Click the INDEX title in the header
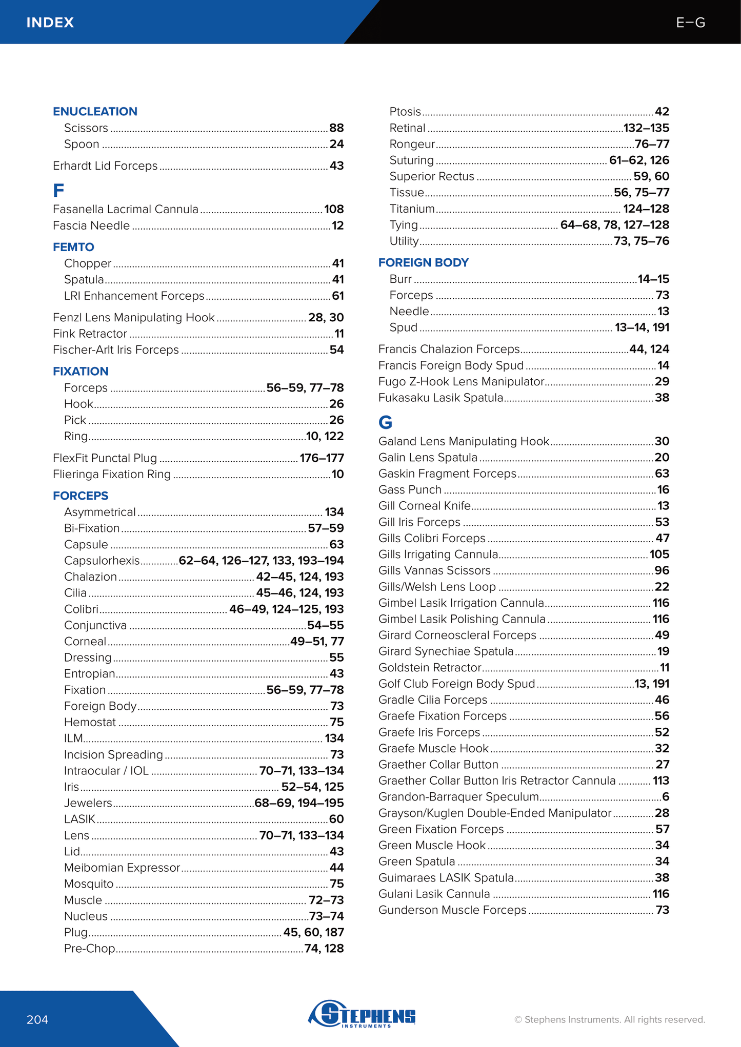50,23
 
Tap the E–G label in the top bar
690,23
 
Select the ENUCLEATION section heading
95,111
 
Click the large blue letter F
58,191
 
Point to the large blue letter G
385,422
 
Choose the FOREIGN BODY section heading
423,262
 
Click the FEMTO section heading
73,247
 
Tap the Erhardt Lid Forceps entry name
105,166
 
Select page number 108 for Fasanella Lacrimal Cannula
334,209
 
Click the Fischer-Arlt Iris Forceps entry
116,350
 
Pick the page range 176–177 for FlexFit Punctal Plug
322,458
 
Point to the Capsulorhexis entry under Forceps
102,560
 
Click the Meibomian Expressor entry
122,867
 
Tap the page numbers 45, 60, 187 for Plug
313,932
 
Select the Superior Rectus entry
432,176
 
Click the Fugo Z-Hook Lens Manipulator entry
461,381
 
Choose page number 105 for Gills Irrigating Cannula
659,554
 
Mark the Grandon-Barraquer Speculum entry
458,796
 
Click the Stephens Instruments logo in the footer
363,1013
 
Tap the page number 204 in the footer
37,1019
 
